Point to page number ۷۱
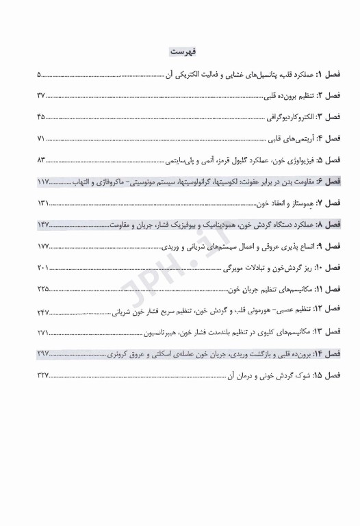pyautogui.click(x=40, y=139)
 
